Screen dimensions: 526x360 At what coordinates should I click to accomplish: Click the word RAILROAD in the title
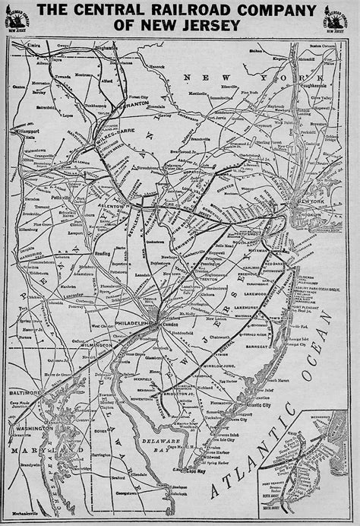tap(178, 10)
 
